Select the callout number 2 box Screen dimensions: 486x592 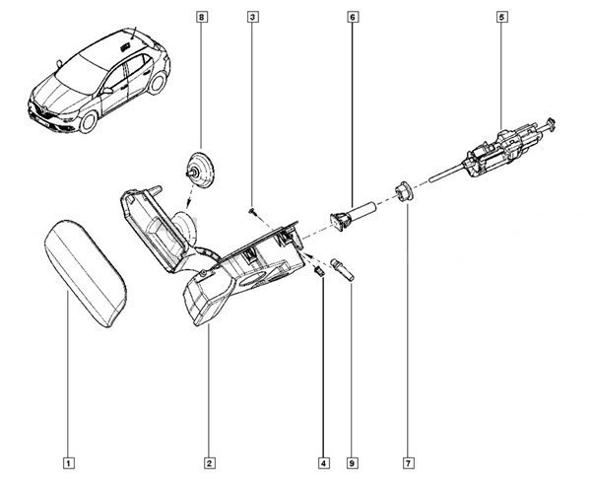210,461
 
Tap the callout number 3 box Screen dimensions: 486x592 253,18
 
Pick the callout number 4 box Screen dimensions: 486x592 323,461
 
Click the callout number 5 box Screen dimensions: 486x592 502,18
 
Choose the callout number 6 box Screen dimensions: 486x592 353,18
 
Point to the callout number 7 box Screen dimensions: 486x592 406,461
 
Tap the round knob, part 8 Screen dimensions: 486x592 201,171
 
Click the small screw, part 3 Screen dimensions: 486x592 254,209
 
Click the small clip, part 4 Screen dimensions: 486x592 320,269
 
